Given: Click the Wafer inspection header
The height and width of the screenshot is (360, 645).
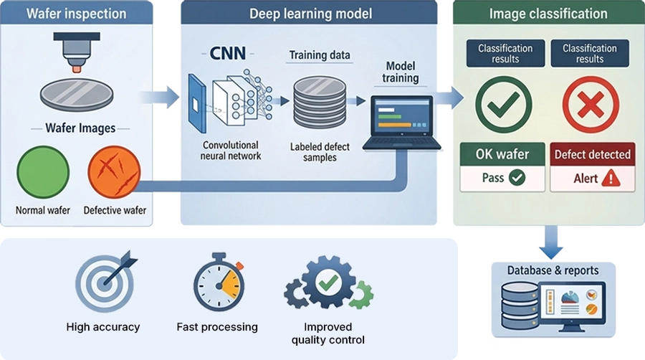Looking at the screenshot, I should pos(76,14).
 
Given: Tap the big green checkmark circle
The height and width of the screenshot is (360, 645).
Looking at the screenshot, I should pos(505,105).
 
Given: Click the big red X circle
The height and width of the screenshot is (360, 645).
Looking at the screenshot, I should pos(591,105).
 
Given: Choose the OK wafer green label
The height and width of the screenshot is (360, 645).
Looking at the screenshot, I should pos(502,154).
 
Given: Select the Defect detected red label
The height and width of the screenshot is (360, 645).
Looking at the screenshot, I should pos(592,154).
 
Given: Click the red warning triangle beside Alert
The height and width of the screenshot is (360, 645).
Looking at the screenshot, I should pos(611,179).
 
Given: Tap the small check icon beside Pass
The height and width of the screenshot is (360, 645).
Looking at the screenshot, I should pos(517,178).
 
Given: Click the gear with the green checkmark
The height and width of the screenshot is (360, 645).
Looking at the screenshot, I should pos(326,283).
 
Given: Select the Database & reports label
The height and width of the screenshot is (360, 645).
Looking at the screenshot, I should pos(553,270).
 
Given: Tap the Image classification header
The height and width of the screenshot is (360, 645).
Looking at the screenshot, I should pos(548,14).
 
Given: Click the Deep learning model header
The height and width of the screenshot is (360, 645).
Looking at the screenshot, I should pos(307,14).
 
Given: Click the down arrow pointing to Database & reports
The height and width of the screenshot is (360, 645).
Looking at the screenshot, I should pos(551,243).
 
